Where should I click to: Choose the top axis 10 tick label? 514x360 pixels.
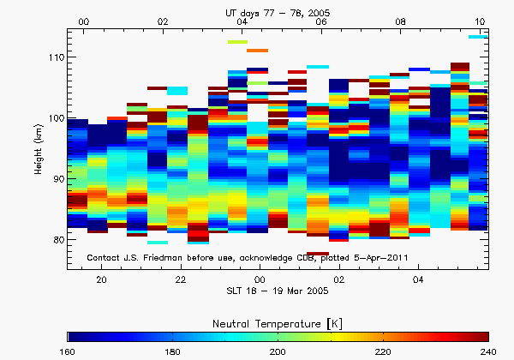[481, 21]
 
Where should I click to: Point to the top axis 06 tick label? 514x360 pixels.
[320, 21]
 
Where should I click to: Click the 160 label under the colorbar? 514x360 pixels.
[69, 352]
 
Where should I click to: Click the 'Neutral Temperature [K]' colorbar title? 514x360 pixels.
[278, 321]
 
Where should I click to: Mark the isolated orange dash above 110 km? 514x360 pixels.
[257, 51]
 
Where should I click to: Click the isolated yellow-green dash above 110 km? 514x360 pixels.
[237, 41]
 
